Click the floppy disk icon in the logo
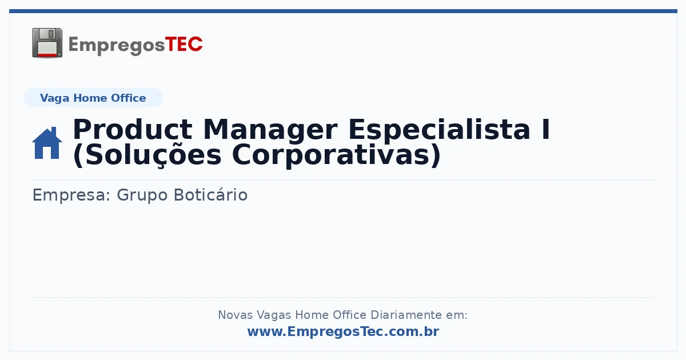(x=47, y=43)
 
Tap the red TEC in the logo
(x=184, y=45)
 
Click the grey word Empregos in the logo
(x=117, y=46)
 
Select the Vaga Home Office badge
(x=93, y=98)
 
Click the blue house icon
(x=47, y=143)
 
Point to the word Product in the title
(x=133, y=130)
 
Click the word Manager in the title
(x=270, y=130)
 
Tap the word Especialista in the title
(x=439, y=130)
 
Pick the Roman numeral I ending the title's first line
(x=545, y=129)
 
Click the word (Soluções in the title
(x=147, y=156)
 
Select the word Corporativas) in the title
(x=336, y=155)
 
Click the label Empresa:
(x=71, y=195)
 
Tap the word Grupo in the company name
(x=142, y=195)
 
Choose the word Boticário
(x=211, y=195)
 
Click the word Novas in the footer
(x=236, y=315)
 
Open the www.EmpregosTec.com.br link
(x=344, y=331)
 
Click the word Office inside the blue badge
(x=128, y=98)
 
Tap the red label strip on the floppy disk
(x=47, y=55)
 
